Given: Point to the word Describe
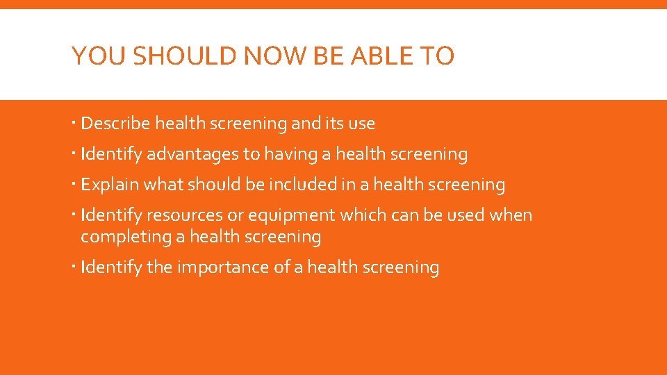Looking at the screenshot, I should (x=115, y=124).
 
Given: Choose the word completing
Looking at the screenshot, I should (x=125, y=237).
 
